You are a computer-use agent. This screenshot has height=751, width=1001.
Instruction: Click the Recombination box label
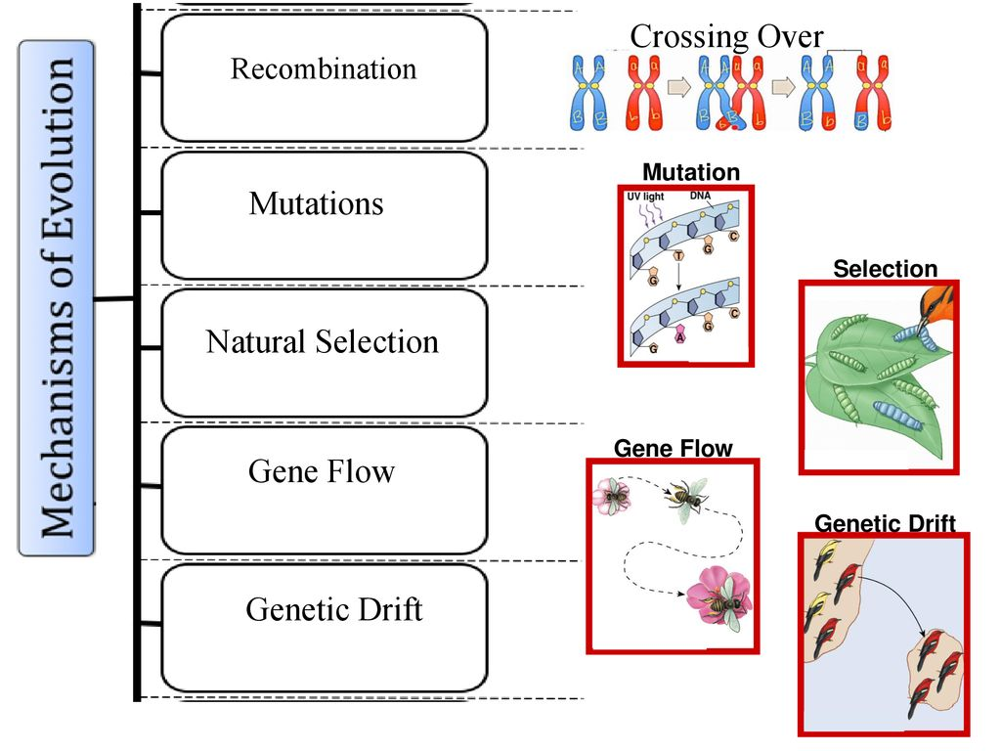click(323, 69)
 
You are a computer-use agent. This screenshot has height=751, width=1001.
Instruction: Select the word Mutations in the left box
click(316, 203)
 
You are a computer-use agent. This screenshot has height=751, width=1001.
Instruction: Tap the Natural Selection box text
click(323, 342)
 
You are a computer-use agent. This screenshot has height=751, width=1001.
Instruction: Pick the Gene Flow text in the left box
click(321, 471)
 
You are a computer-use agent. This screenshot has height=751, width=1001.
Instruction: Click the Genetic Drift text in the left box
click(333, 609)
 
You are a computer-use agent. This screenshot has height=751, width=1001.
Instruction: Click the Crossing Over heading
click(726, 37)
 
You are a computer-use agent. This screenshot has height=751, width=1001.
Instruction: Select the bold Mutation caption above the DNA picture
click(690, 173)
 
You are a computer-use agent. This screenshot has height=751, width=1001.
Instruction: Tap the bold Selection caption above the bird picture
click(884, 269)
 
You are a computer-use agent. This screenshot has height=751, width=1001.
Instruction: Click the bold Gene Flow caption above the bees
click(673, 449)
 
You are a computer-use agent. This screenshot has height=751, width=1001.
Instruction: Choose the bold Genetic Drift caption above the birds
click(885, 524)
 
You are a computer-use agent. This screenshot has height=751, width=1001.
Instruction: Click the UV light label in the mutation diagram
click(644, 197)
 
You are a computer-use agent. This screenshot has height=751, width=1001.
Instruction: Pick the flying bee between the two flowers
click(687, 494)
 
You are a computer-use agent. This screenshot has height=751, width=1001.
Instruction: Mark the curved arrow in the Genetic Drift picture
click(900, 596)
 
